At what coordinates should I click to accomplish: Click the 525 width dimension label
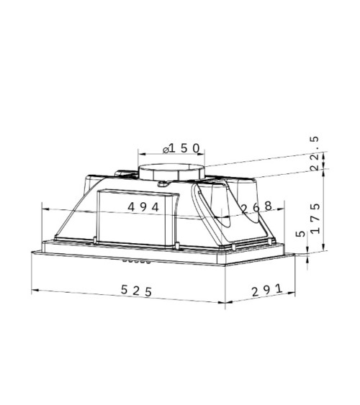coord(136,291)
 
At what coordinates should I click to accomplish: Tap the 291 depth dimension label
coord(267,290)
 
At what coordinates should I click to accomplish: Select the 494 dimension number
coord(143,207)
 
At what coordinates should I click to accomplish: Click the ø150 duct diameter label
coord(181,148)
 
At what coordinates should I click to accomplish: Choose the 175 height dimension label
coord(315,219)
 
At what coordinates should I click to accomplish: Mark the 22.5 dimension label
coord(315,153)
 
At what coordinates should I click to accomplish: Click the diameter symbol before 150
coord(166,150)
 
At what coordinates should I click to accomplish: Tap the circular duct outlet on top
coord(171,172)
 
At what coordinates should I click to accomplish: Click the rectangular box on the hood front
coord(137,217)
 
